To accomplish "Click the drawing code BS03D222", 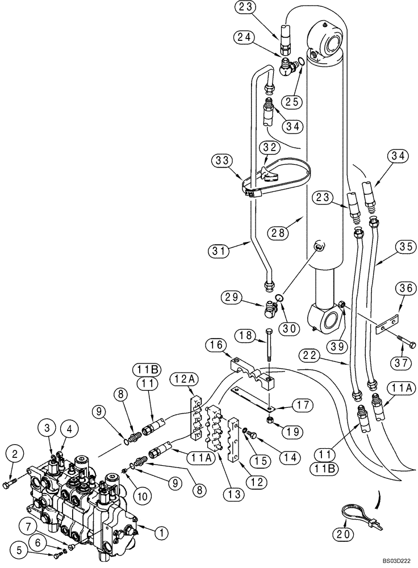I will click(396, 560).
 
